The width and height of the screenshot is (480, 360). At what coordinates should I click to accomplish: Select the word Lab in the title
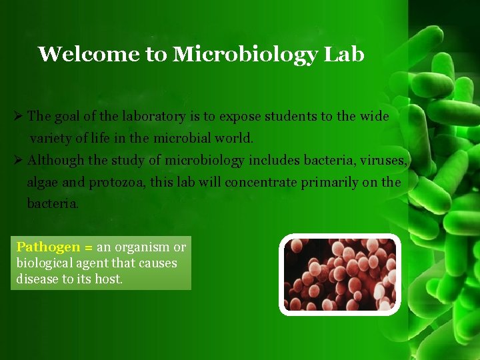click(344, 54)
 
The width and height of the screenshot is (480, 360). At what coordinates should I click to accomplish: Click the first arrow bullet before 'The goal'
click(19, 116)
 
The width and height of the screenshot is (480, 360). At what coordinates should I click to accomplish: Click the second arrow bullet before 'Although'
click(19, 160)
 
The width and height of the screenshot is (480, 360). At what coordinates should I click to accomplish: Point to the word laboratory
click(153, 117)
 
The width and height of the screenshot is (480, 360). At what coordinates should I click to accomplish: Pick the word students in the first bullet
click(291, 116)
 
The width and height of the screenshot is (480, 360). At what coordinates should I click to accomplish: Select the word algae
click(43, 182)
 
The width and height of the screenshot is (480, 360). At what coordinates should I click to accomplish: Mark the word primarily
click(330, 182)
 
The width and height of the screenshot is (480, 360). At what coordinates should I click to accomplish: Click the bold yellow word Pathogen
click(47, 247)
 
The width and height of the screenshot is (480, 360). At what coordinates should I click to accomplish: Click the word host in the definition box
click(108, 279)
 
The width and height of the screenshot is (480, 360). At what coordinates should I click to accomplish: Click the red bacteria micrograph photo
click(340, 274)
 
